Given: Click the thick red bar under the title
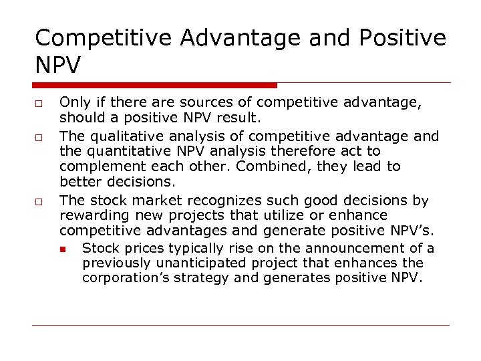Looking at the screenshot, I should (154, 85).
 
